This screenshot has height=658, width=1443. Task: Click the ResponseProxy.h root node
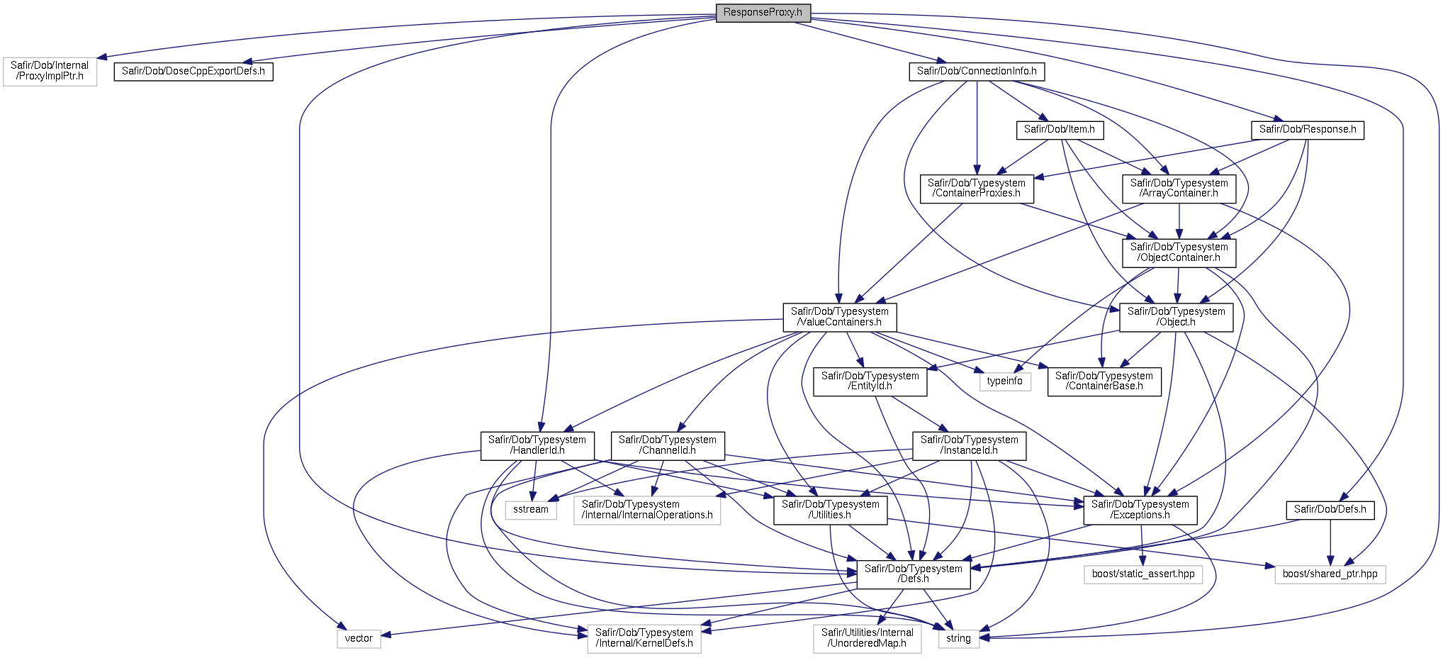point(763,13)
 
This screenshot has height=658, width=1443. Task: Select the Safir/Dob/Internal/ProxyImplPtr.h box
point(50,71)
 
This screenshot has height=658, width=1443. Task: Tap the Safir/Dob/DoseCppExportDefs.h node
point(193,72)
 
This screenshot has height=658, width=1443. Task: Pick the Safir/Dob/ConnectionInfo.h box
point(977,72)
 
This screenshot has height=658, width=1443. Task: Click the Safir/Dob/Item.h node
point(1060,130)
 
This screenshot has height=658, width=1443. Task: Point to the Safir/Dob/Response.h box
point(1308,130)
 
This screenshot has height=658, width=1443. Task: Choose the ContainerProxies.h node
point(977,189)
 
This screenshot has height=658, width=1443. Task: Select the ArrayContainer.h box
point(1179,189)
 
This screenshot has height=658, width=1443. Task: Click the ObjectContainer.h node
point(1179,253)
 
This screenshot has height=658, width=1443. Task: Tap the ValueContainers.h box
point(840,317)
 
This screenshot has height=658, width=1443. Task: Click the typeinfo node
point(1005,381)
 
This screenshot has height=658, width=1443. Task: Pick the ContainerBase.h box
point(1104,381)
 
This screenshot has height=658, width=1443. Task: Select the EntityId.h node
point(870,381)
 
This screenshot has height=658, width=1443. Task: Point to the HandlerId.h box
point(537,445)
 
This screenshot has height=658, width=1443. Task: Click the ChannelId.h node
point(668,445)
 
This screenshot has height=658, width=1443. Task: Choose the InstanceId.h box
point(970,445)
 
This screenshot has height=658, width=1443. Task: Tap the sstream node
point(531,510)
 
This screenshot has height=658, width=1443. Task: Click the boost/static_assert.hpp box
point(1143,574)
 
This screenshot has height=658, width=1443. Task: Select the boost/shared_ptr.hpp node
point(1330,574)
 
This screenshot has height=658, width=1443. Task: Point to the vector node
point(359,639)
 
